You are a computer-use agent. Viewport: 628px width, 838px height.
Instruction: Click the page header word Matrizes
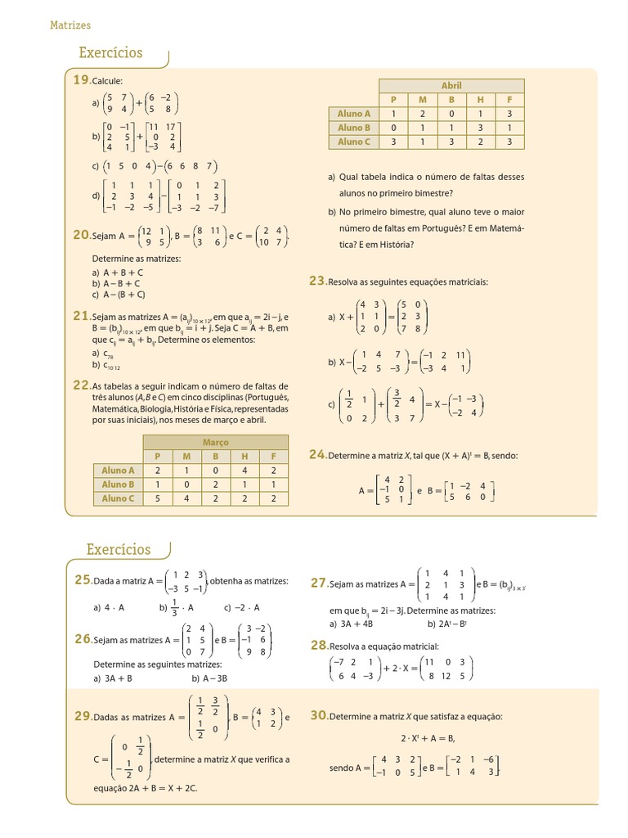point(70,25)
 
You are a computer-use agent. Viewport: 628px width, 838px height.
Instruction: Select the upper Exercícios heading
point(110,53)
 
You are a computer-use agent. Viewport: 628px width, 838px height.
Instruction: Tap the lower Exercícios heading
point(119,549)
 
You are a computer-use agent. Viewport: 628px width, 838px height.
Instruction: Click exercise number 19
point(81,80)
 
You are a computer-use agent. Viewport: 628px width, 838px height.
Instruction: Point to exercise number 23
point(317,281)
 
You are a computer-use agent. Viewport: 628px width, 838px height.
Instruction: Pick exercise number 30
point(319,715)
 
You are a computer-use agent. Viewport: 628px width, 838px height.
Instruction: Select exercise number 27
point(319,583)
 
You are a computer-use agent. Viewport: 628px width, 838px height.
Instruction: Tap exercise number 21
point(81,316)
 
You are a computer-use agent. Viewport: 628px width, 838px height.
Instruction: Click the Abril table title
point(451,86)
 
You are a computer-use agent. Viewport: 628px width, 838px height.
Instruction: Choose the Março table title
point(215,443)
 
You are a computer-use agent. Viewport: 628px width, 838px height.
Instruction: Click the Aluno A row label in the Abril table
point(354,114)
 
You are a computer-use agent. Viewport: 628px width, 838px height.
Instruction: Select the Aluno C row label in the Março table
point(118,498)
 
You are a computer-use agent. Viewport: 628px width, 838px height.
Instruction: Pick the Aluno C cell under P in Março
point(158,498)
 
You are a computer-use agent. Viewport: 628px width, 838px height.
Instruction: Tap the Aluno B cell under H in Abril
point(480,128)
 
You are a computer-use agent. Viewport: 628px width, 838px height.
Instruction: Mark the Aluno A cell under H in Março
point(244,471)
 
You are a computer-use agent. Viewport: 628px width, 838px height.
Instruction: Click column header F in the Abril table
point(509,100)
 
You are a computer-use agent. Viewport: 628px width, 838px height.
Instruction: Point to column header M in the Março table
point(186,457)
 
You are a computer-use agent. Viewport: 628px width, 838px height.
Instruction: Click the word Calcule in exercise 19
point(107,81)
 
